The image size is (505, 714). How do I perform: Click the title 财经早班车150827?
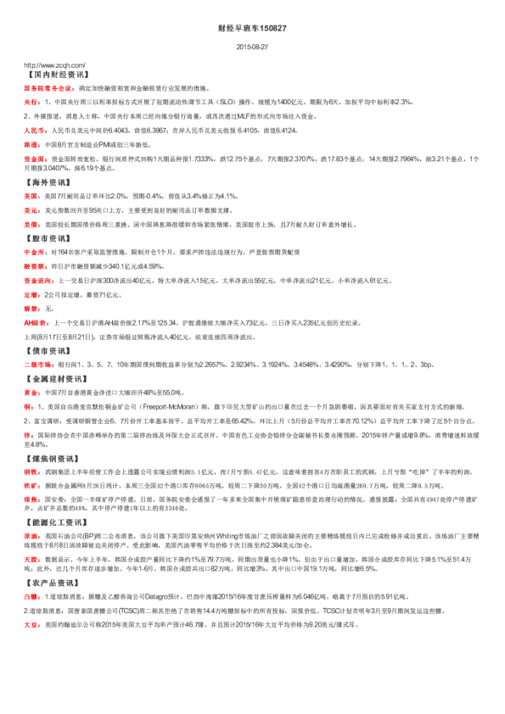(252, 28)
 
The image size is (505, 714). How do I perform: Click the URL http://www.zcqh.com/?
(54, 64)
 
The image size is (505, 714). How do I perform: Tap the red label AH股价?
(36, 323)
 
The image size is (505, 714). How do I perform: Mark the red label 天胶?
(31, 584)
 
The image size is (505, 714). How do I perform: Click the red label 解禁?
(31, 309)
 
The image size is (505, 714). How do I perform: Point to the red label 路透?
(31, 145)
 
